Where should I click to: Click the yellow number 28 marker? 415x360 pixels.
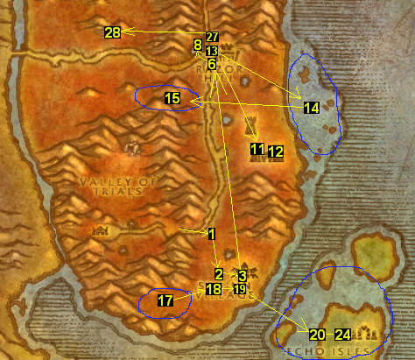click(112, 32)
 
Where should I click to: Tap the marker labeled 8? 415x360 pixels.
click(197, 44)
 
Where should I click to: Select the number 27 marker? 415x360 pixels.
click(212, 38)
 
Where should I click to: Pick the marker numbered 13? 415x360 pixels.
click(212, 52)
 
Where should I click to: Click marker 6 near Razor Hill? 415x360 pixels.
click(211, 64)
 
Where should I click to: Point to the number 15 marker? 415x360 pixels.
click(172, 99)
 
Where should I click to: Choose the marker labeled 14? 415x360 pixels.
click(312, 108)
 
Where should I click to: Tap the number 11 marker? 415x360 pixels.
click(257, 150)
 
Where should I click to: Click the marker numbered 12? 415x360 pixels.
click(276, 152)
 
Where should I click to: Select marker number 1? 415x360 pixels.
click(211, 234)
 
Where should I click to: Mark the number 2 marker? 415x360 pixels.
click(219, 274)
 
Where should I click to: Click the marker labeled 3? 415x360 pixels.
click(242, 275)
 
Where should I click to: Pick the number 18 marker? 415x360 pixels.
click(214, 289)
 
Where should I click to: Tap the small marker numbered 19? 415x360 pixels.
click(239, 289)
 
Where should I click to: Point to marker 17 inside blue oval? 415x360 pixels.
click(165, 300)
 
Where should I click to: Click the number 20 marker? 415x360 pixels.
click(317, 334)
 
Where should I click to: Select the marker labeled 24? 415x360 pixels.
click(343, 334)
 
